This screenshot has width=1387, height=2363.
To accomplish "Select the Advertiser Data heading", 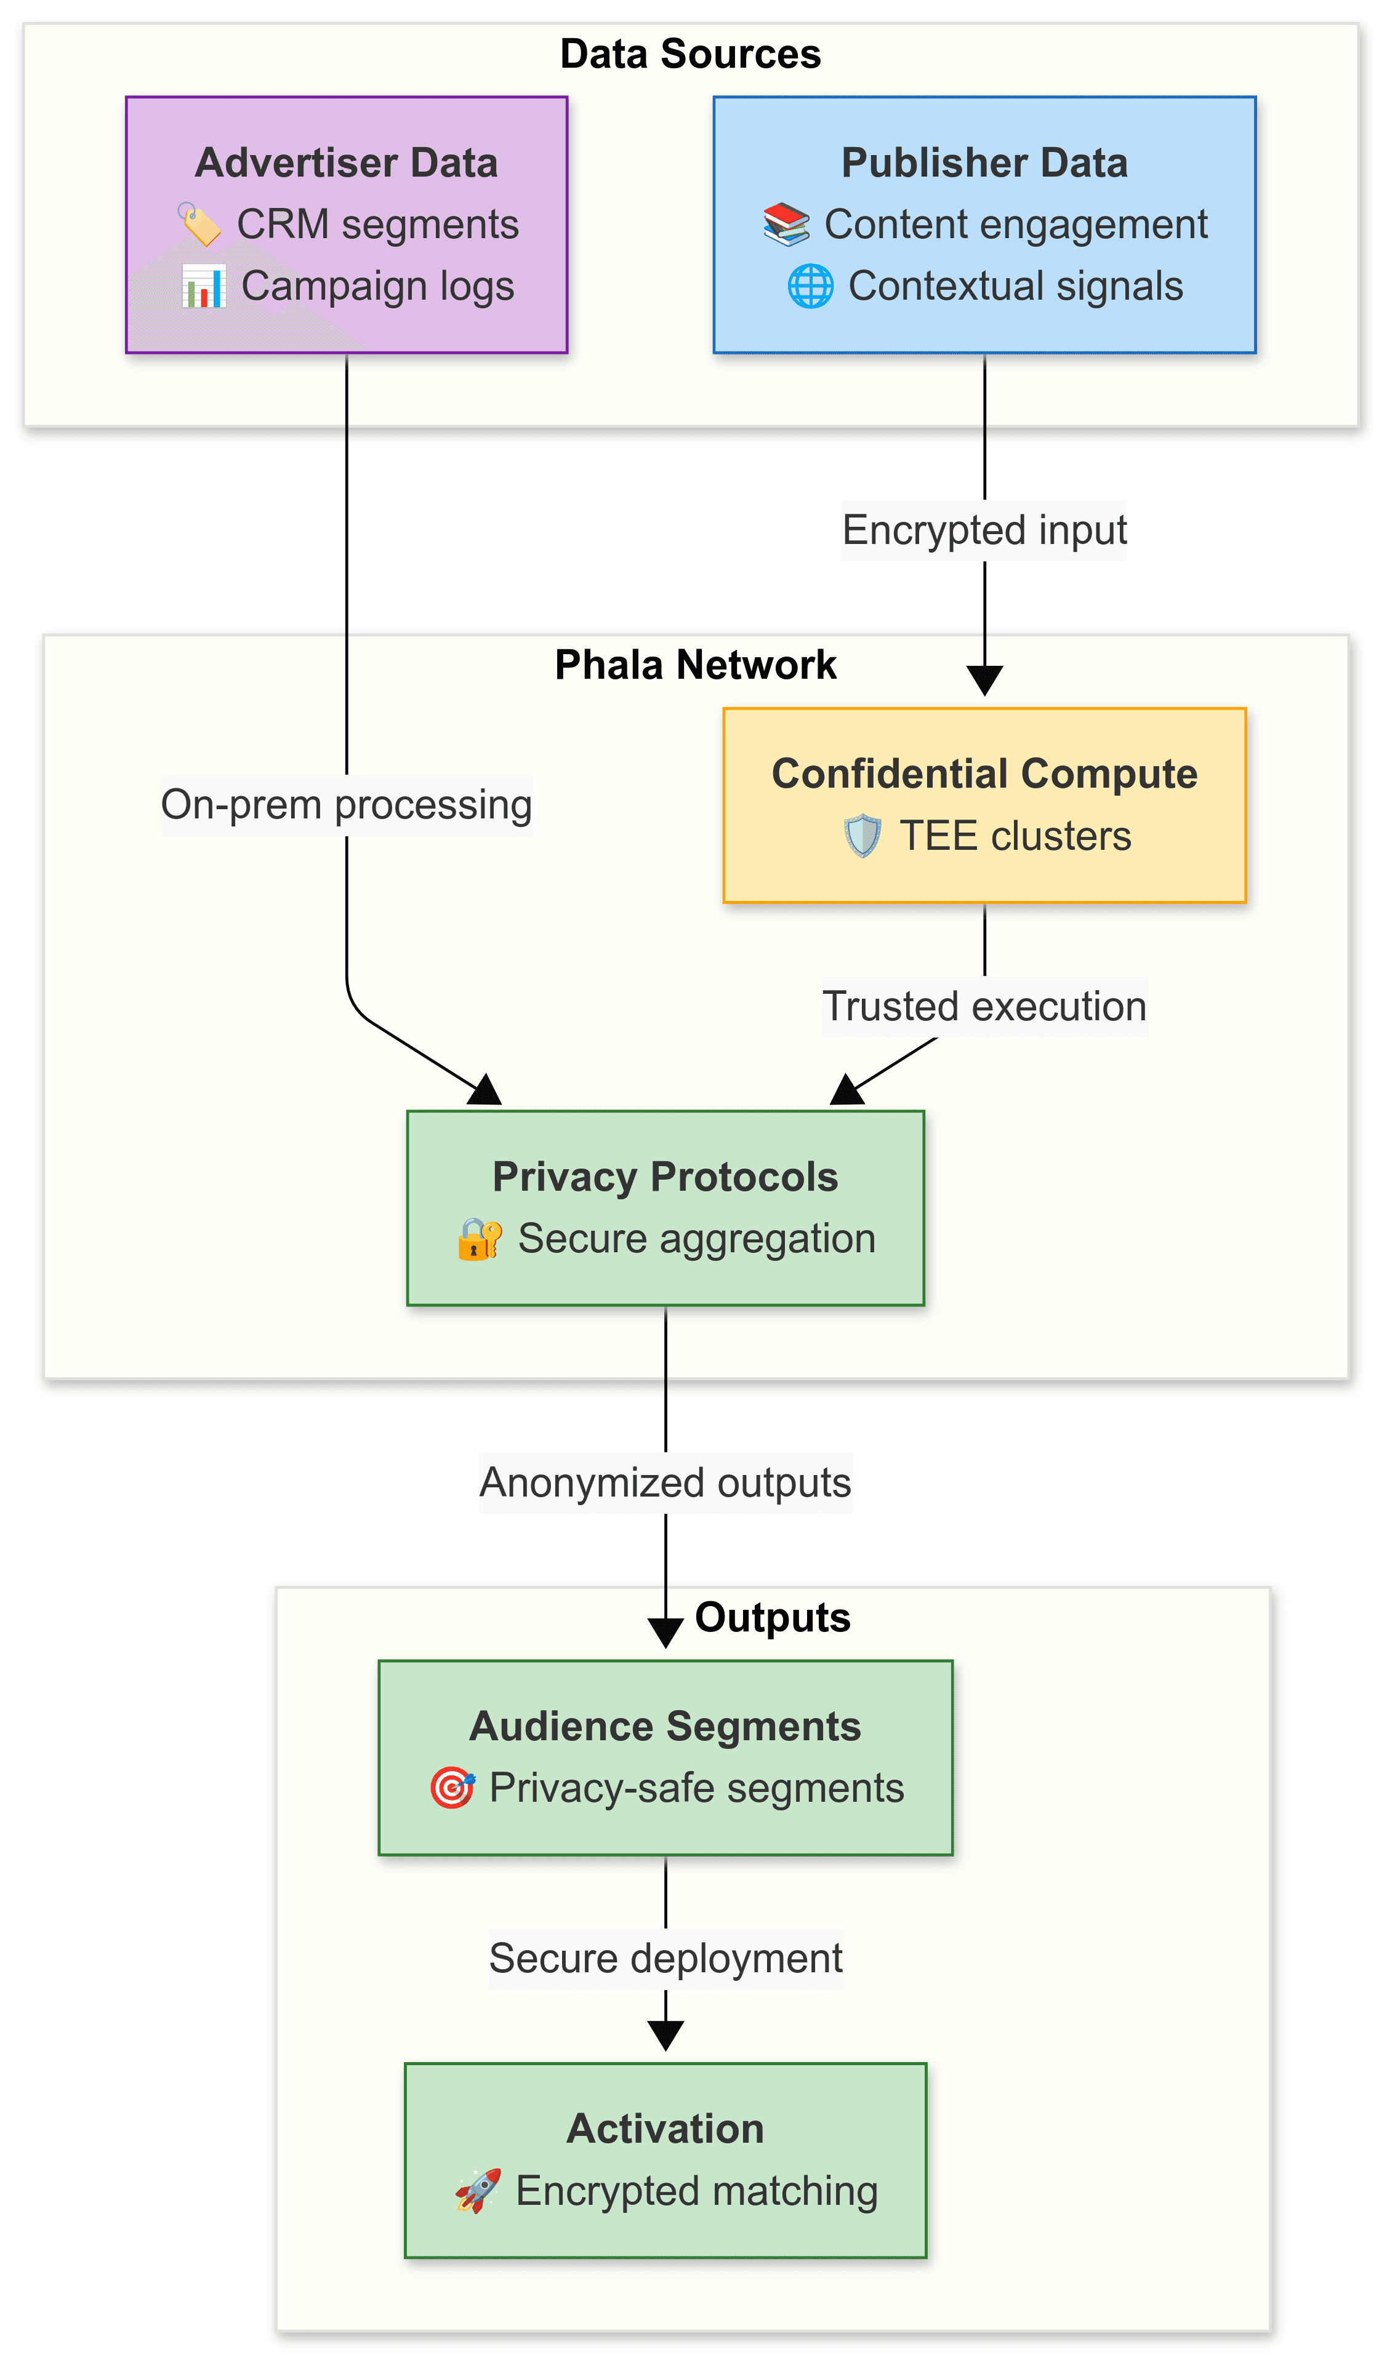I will (346, 163).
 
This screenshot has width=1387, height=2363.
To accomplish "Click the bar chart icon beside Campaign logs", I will (204, 287).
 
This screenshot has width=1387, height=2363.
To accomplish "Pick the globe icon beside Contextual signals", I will (810, 287).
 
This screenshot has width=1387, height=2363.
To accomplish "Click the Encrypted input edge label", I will (984, 530).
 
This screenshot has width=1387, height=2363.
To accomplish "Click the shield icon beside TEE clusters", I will (862, 836).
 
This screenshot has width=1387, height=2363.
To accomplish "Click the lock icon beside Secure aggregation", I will (479, 1239).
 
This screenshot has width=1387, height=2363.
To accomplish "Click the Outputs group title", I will (772, 1618).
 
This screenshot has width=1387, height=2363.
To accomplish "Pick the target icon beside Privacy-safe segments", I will (452, 1788).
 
